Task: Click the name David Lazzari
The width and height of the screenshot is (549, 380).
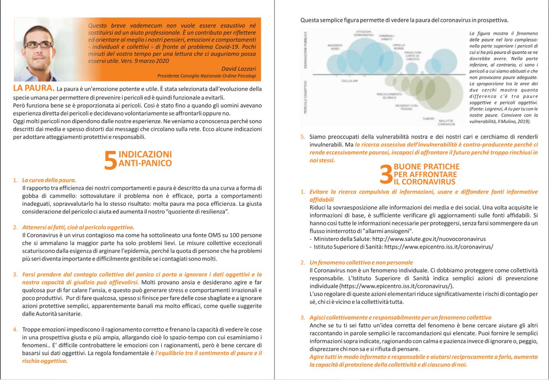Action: click(x=238, y=69)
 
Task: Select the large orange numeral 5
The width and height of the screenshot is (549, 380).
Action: click(x=110, y=160)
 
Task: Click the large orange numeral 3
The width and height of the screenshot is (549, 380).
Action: click(x=386, y=175)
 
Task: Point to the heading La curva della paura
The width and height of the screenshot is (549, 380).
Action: click(x=49, y=180)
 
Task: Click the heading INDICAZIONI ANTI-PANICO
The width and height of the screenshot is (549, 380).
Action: click(x=145, y=159)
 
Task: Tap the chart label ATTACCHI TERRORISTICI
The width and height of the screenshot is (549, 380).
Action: click(x=364, y=33)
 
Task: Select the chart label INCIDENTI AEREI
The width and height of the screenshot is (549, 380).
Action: click(x=334, y=47)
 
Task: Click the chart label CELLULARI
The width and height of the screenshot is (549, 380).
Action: click(x=349, y=81)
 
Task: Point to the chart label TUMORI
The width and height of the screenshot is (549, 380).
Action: click(x=428, y=118)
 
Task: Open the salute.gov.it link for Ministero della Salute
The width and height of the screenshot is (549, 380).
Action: click(x=429, y=239)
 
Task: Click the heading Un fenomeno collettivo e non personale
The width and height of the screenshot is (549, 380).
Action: click(x=361, y=262)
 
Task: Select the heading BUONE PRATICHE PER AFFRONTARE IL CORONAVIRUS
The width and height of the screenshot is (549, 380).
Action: click(x=426, y=174)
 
